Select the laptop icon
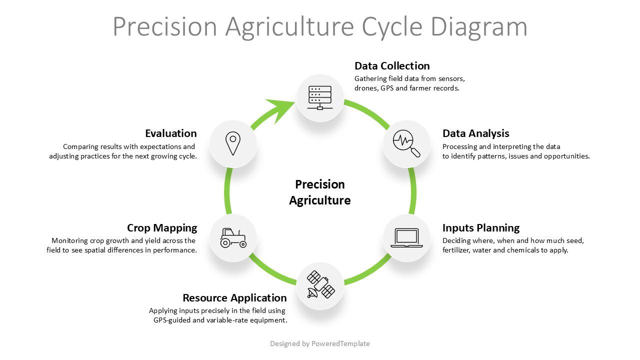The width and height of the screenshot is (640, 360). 406,238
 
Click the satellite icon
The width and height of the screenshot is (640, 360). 320,285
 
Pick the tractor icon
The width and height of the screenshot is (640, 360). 233,238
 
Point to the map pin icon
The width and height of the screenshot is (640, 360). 233,144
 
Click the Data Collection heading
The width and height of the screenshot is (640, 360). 392,66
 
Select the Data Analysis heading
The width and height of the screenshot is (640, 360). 475,133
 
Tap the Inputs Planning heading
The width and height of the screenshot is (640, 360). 481,228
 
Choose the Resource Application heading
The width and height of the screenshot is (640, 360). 234,298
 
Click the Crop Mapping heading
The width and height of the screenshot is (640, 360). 162,228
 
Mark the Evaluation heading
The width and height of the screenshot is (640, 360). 171,133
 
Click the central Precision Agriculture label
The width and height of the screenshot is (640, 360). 320,192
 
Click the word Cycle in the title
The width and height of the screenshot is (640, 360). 393,26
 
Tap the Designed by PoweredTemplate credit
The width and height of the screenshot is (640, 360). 320,343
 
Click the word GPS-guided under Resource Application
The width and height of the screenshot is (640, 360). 171,320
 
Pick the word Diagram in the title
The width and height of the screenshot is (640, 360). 478,26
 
